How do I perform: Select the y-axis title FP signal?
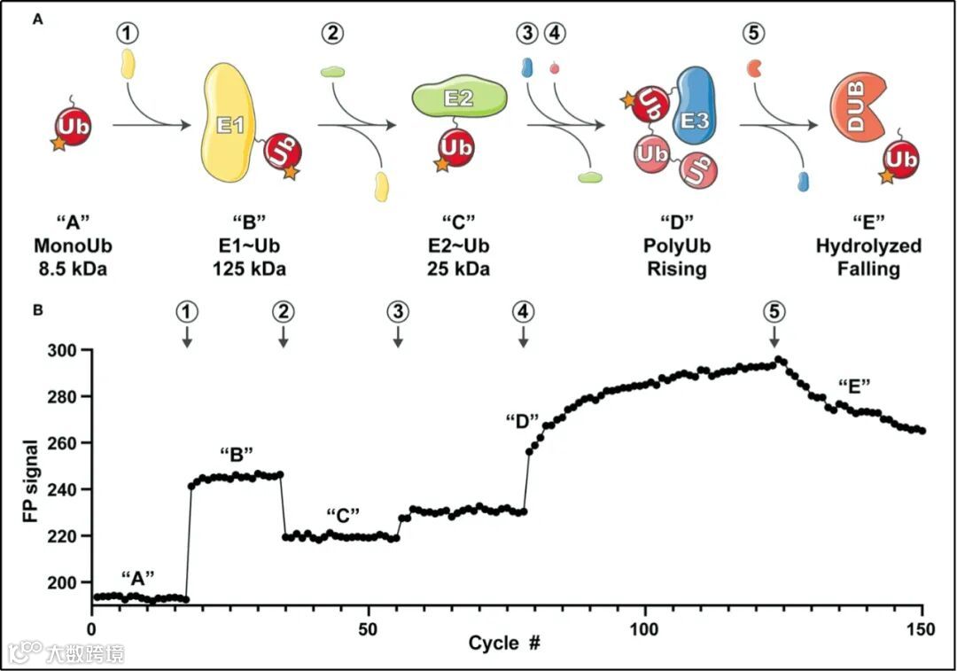(31, 479)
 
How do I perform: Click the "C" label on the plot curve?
(341, 516)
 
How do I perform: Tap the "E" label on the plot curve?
(854, 385)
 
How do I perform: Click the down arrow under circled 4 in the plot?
(524, 337)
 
